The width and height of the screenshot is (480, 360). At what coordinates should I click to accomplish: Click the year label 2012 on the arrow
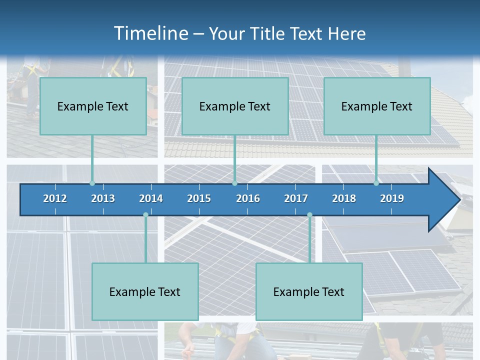click(55, 198)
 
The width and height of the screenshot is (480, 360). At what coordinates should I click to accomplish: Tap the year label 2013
click(103, 198)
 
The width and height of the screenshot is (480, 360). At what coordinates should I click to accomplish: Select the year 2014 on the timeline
click(151, 198)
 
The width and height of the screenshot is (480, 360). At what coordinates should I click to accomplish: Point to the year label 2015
click(199, 198)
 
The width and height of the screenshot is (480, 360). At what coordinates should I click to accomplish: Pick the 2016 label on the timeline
click(248, 198)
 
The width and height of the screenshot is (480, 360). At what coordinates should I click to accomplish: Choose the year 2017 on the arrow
click(296, 198)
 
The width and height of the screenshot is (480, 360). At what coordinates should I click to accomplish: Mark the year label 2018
click(344, 198)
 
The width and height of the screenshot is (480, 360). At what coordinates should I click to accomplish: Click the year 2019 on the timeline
click(392, 198)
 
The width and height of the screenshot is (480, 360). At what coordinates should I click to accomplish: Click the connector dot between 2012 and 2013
click(92, 183)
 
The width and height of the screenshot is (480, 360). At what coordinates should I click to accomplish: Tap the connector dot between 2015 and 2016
click(234, 183)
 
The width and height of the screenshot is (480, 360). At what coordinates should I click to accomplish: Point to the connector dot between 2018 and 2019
click(376, 183)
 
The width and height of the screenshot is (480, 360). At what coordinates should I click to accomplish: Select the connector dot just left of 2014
click(145, 215)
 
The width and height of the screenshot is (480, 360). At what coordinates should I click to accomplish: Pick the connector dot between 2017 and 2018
click(309, 215)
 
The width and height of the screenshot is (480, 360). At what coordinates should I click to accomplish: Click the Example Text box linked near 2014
click(145, 292)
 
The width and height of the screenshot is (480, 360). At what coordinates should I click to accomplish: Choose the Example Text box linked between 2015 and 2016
click(235, 106)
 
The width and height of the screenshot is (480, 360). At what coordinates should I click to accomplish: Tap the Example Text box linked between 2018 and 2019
click(377, 106)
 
